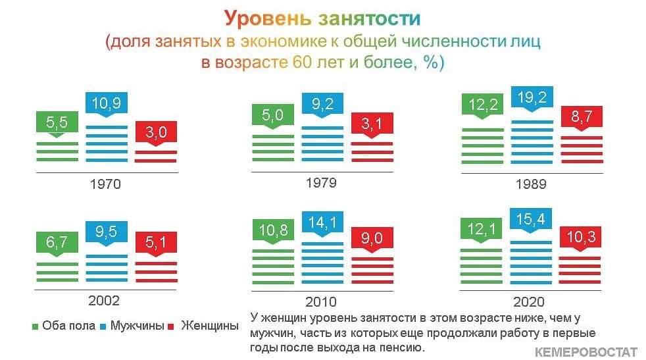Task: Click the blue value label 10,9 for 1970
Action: coord(107,103)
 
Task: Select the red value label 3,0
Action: coord(156,132)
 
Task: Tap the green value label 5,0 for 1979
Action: coord(273,115)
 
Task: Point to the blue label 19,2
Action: coord(532,97)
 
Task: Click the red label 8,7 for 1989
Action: coord(582,116)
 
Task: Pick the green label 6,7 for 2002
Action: coord(57,242)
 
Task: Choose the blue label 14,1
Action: coord(322,222)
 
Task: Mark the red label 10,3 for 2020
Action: coord(580,237)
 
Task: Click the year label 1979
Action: coord(321,183)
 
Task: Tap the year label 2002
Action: coord(104,301)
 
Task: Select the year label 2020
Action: coord(529,302)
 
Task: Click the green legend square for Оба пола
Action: coord(35,327)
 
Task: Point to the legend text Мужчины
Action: coord(137,325)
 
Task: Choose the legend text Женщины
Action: coord(210,325)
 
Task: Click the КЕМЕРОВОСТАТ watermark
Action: coord(586,351)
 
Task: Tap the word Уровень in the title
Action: coord(268,18)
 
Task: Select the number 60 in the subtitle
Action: coord(303,63)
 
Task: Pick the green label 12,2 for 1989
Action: coord(482,105)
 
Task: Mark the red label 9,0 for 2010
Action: coord(372,238)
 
